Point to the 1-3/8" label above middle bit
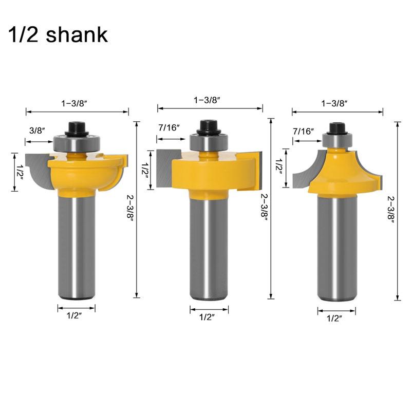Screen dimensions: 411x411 210,99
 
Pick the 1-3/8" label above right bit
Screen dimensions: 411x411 338,103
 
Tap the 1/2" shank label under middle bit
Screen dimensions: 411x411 209,317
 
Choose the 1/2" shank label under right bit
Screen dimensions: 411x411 337,319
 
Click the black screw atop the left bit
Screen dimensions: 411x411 77,126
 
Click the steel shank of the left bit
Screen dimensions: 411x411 77,247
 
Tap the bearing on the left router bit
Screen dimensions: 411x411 77,141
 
